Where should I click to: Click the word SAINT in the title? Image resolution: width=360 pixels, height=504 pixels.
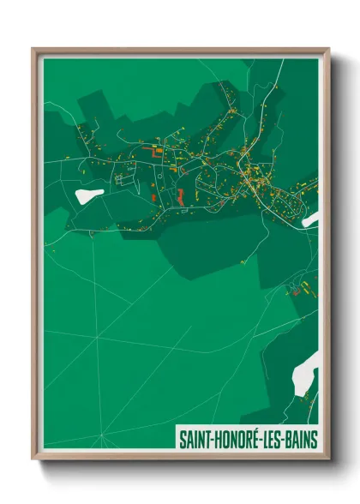tap(194, 439)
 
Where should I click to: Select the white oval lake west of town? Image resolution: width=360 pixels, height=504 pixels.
tap(88, 195)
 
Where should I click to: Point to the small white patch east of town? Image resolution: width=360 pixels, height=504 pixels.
tap(309, 219)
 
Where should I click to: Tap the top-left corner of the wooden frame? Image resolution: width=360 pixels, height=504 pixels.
tap(33, 49)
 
